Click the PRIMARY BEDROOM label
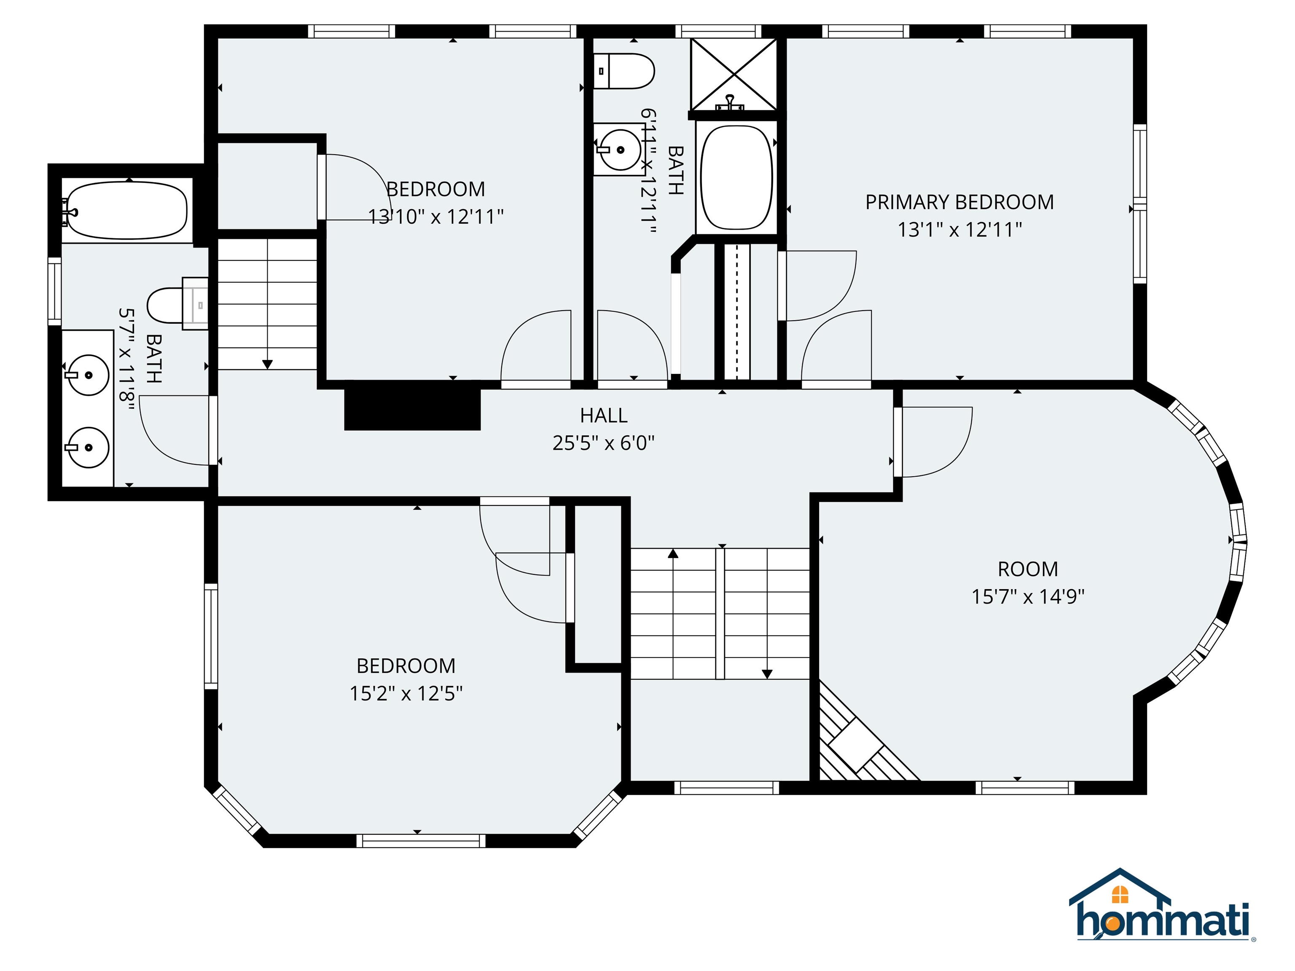[959, 202]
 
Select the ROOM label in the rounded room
[1027, 569]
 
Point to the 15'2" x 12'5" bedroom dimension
[406, 694]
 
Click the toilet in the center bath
[623, 71]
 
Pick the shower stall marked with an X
[733, 74]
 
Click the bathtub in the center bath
[736, 177]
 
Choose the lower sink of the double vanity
[88, 447]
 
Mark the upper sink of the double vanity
[88, 375]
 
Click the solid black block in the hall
[412, 405]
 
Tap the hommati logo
[1162, 916]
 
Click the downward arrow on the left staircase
[268, 364]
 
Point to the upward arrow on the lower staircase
[673, 553]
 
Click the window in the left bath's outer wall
[54, 291]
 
